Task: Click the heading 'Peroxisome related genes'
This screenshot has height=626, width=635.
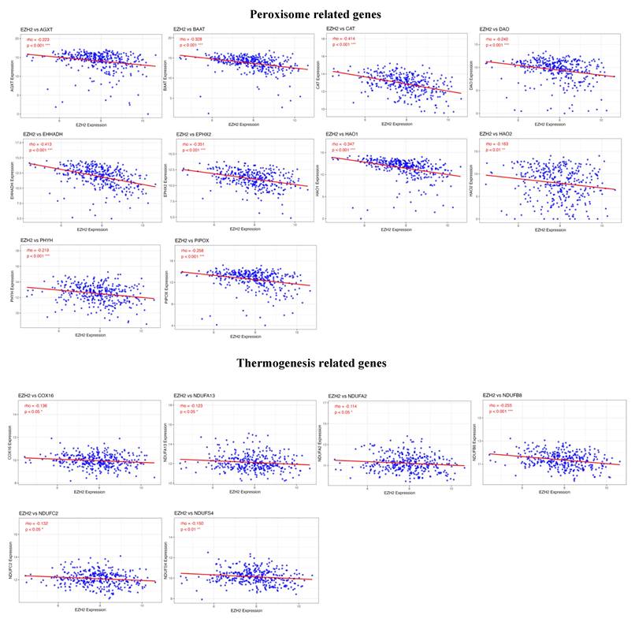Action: [x=315, y=14]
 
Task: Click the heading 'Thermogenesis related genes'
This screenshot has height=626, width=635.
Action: [x=313, y=363]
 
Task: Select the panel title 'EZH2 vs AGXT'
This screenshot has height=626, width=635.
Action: [x=38, y=29]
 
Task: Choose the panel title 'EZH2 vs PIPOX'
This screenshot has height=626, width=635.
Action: [x=194, y=240]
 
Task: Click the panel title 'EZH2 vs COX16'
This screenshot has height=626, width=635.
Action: [x=39, y=395]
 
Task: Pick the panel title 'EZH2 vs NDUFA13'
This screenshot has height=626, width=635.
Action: [x=199, y=395]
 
